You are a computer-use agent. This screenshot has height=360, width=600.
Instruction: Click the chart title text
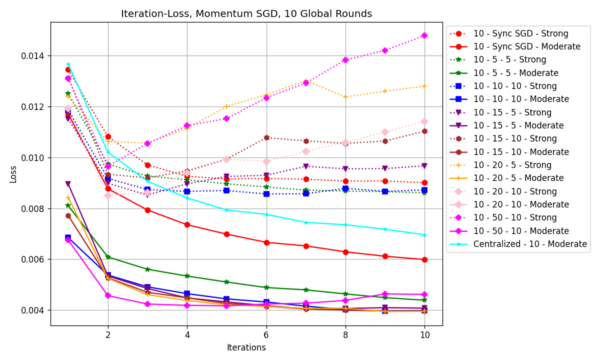[x=246, y=14]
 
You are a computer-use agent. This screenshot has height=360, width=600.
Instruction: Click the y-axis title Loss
[x=13, y=173]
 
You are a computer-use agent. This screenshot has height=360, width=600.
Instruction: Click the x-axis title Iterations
[x=246, y=347]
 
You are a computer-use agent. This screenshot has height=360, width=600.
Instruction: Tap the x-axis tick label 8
[x=345, y=335]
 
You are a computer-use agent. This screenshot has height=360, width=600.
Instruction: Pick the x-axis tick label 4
[x=187, y=335]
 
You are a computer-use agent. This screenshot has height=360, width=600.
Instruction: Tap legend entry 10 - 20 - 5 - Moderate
[x=518, y=178]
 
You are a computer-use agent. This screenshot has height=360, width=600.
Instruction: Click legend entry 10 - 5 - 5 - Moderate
[x=518, y=73]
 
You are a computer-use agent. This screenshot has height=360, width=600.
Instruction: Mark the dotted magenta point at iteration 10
[x=424, y=35]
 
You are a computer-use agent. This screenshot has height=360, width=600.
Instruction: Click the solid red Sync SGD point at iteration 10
[x=424, y=259]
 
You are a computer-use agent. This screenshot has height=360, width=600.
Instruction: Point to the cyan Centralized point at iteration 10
[x=424, y=235]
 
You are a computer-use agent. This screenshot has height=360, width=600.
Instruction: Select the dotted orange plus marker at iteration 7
[x=306, y=80]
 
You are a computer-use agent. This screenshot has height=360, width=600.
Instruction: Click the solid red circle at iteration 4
[x=187, y=224]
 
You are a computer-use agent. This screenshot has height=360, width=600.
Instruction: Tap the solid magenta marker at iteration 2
[x=108, y=295]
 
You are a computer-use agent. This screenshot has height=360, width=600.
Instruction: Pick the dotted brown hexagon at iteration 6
[x=266, y=137]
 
